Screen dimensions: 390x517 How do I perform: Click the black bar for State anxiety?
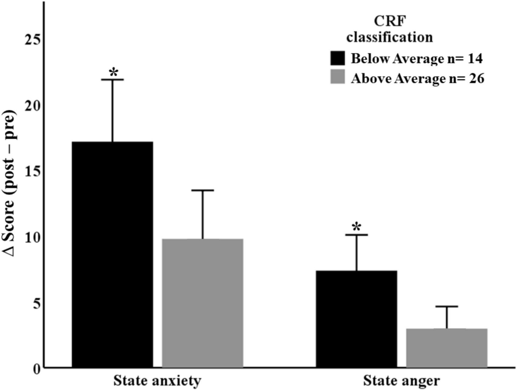pyautogui.click(x=112, y=254)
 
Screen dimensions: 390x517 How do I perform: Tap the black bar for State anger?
pyautogui.click(x=356, y=319)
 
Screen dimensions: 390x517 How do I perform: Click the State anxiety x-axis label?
pyautogui.click(x=157, y=381)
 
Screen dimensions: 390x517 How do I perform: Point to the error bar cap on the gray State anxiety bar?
pyautogui.click(x=202, y=190)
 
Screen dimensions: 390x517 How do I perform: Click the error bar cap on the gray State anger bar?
pyautogui.click(x=446, y=306)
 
